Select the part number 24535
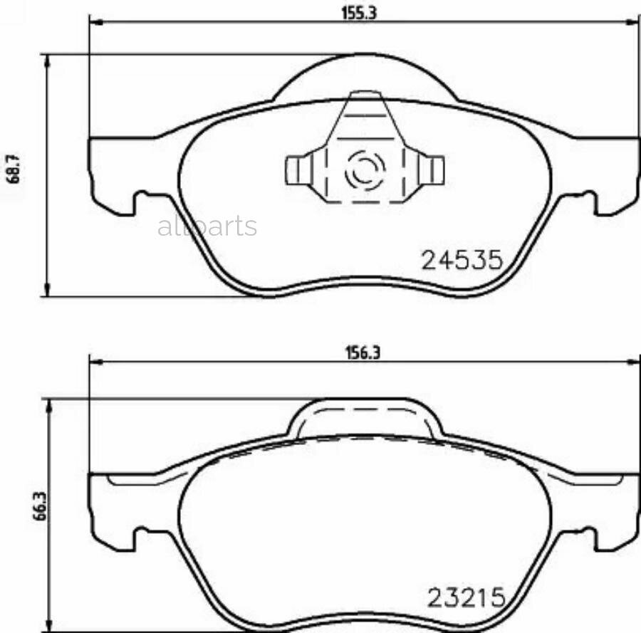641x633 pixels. coord(463,260)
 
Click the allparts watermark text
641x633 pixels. coord(207,227)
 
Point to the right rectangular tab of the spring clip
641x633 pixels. coord(434,169)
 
